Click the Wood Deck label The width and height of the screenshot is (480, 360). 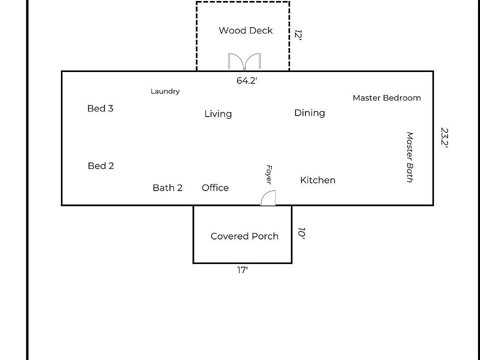tap(245, 30)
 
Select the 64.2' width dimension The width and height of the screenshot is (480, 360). tap(246, 80)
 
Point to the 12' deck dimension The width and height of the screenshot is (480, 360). tap(298, 34)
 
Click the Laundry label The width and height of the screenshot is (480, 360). tap(165, 91)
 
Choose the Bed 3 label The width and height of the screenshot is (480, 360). tap(100, 108)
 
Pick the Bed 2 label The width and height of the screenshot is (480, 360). tap(100, 166)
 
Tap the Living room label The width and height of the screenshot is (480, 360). tap(218, 114)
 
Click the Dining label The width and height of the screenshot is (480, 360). tap(309, 113)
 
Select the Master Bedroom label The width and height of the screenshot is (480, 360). tap(386, 98)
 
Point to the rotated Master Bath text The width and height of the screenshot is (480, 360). tap(409, 157)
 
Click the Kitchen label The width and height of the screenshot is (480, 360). tap(317, 180)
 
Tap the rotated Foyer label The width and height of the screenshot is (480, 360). tap(268, 174)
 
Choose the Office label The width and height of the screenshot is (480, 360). tap(215, 188)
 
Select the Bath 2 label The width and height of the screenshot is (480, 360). tap(167, 188)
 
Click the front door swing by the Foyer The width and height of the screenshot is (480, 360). tap(268, 198)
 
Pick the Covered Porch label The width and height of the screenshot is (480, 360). tap(244, 236)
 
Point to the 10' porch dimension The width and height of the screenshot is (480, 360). tap(301, 233)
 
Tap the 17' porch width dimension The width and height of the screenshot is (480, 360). tap(242, 270)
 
